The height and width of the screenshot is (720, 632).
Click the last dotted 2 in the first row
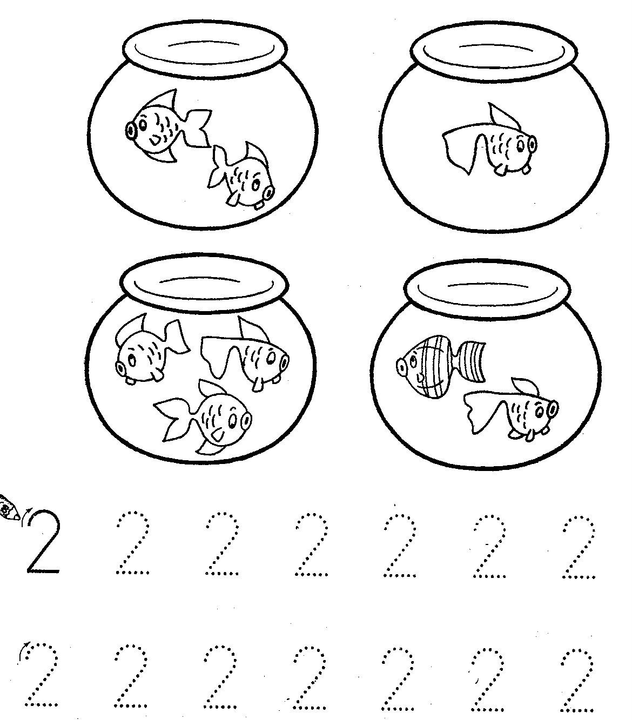(x=578, y=546)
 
